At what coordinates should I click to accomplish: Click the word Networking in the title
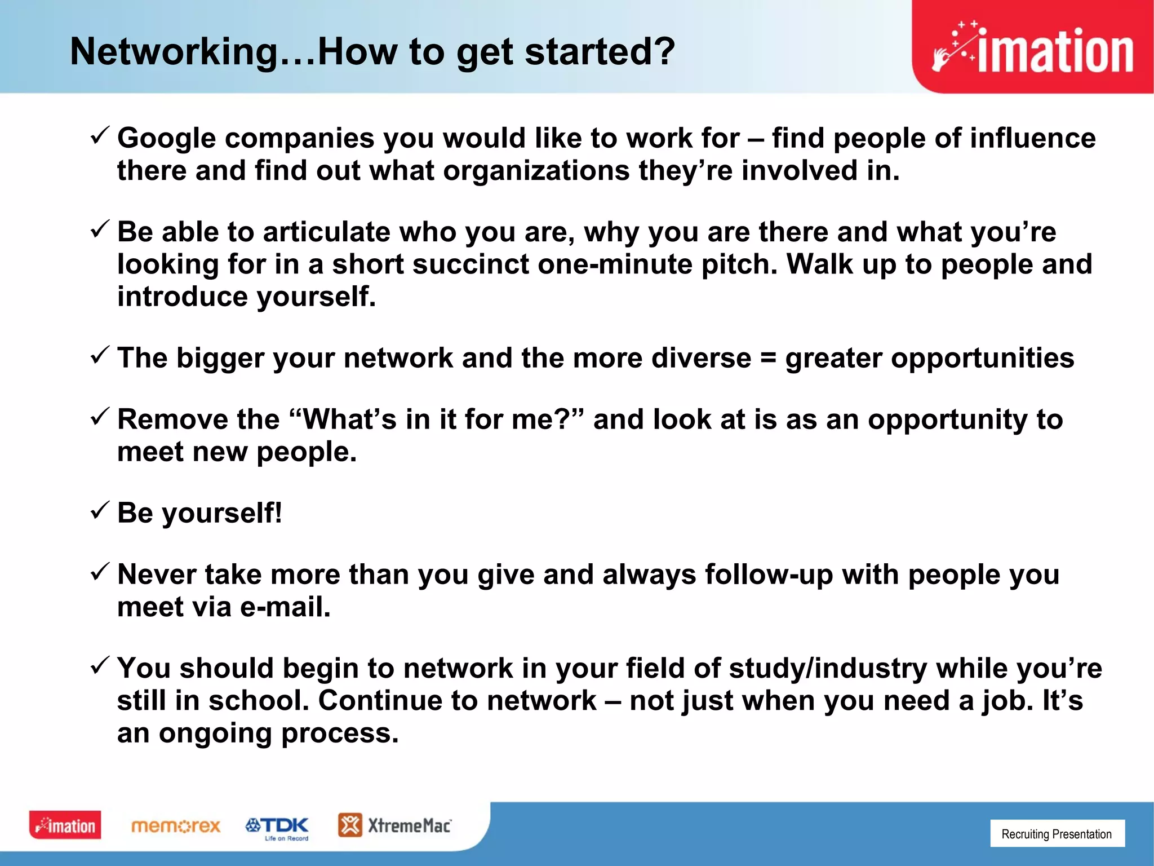coord(174,52)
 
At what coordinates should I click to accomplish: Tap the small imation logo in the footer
coord(65,825)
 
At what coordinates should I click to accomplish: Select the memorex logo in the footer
coord(176,826)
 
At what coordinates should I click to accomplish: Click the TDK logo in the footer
coord(277,827)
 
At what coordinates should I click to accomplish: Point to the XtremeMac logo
coord(394,825)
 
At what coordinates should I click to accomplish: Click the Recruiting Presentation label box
coord(1057,834)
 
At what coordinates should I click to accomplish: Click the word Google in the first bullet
coord(167,139)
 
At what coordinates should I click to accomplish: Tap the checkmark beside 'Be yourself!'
coord(99,510)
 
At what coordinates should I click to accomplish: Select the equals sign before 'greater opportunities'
coord(768,359)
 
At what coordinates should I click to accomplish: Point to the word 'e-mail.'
coord(285,607)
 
